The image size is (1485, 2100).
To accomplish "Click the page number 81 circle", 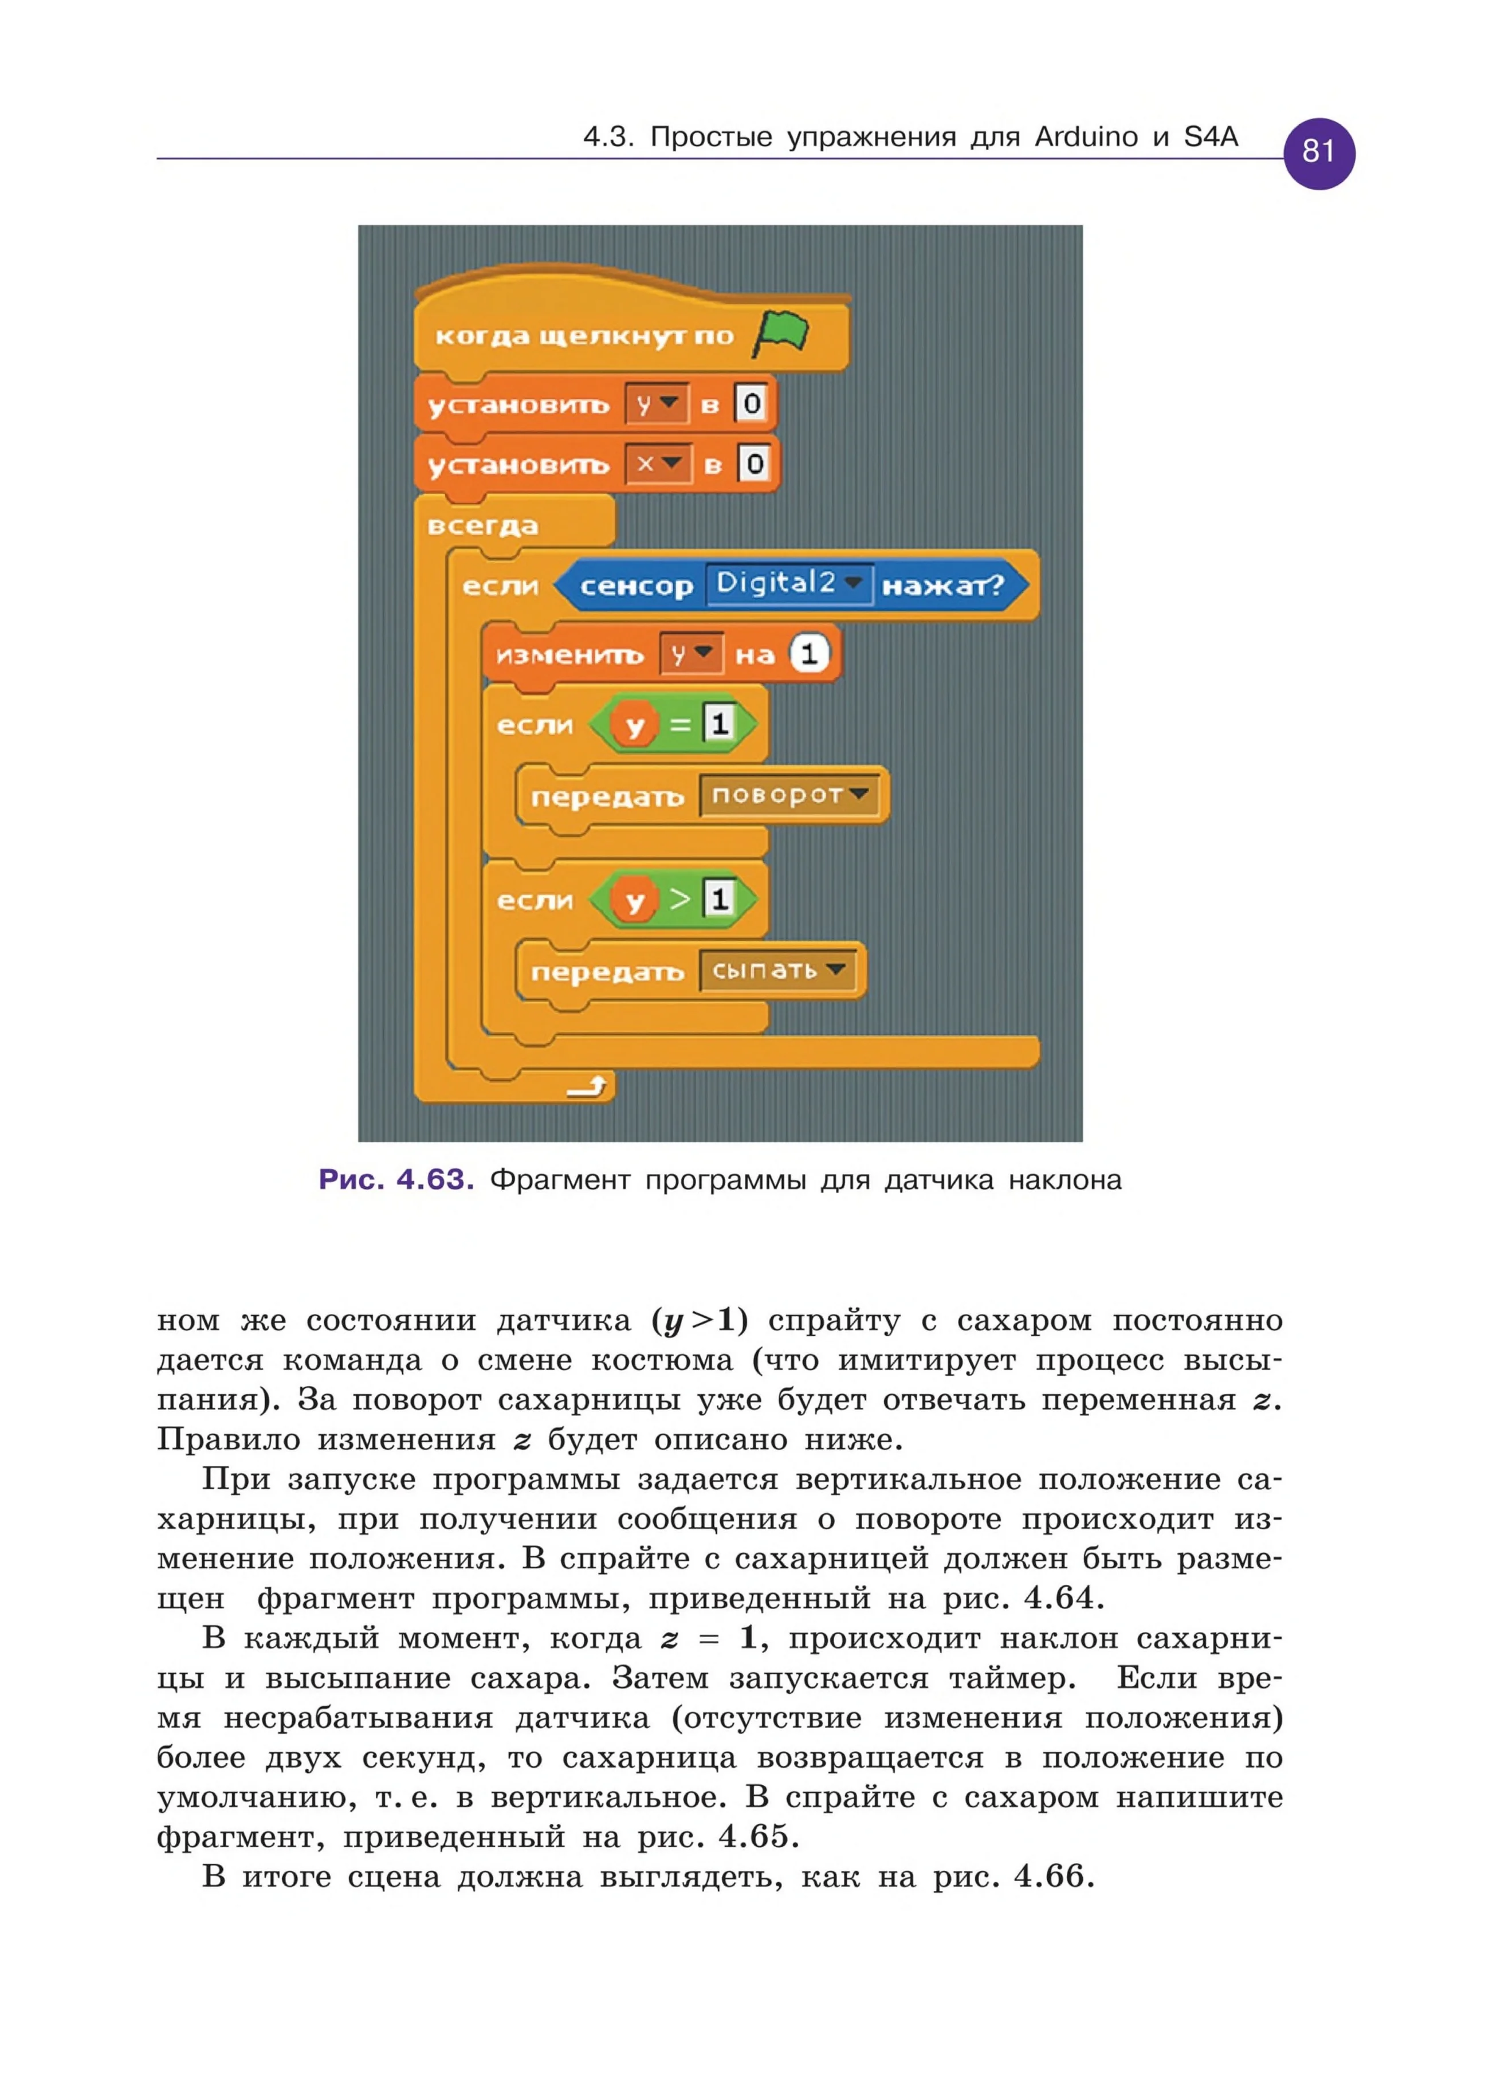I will (x=1319, y=153).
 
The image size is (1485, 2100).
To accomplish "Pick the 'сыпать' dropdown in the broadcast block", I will (x=778, y=971).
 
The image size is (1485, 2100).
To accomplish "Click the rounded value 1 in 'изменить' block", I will (x=808, y=654).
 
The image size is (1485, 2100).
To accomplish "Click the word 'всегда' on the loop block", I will (x=483, y=526).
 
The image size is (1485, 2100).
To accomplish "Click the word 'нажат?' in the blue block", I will (x=942, y=586).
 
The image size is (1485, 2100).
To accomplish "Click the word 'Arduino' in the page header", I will (x=1086, y=137).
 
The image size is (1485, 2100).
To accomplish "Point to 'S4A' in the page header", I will (x=1211, y=137).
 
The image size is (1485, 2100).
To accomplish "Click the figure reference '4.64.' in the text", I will (x=1063, y=1598).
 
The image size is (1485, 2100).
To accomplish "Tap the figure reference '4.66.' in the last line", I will (x=1054, y=1877).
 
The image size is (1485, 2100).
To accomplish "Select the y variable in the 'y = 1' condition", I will (x=634, y=726).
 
